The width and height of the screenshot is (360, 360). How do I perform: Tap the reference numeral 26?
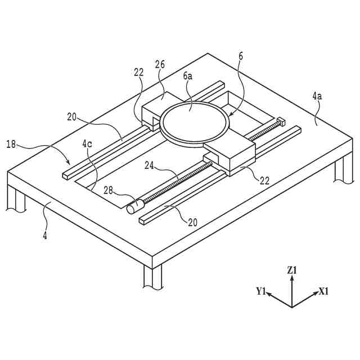click(x=160, y=64)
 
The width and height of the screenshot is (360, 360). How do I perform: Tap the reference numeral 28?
click(x=111, y=191)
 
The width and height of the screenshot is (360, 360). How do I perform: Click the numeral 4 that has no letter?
click(x=44, y=236)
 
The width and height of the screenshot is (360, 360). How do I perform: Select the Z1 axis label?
click(x=291, y=271)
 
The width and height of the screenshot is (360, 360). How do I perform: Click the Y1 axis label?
click(x=260, y=291)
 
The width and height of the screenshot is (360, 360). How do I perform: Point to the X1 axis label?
click(x=323, y=291)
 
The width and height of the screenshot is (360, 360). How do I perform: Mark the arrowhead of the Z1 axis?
click(x=291, y=278)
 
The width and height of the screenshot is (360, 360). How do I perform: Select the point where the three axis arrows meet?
click(x=291, y=307)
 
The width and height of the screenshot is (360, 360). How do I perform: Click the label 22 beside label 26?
click(x=139, y=72)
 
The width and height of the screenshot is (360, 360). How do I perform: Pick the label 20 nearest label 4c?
click(x=72, y=117)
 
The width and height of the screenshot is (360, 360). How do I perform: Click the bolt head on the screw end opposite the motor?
click(x=280, y=121)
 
